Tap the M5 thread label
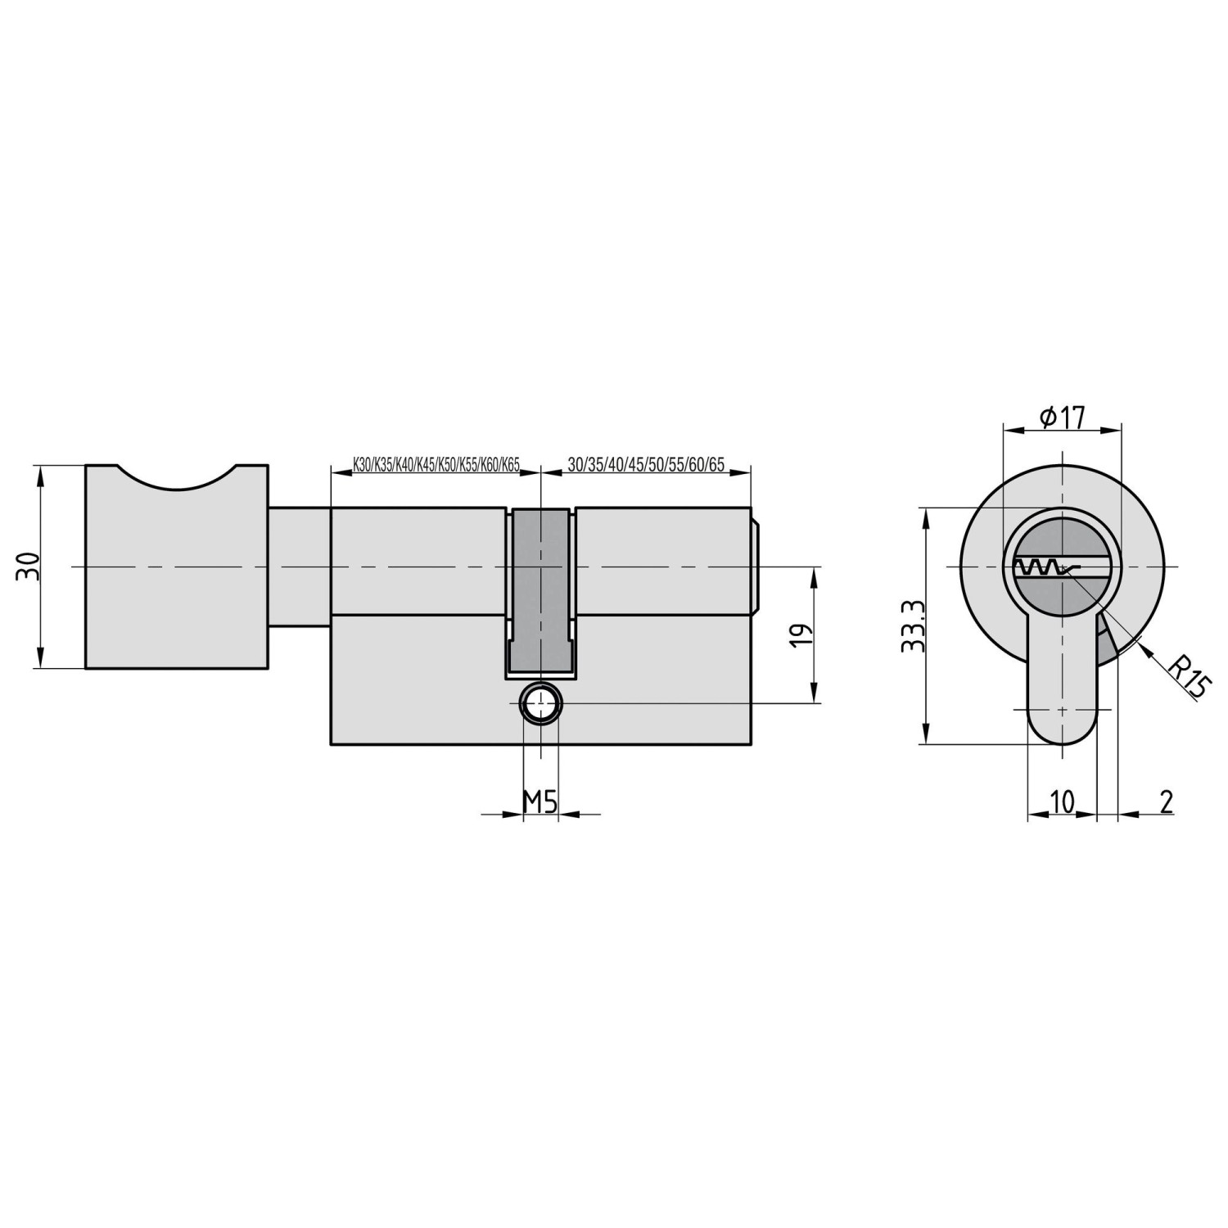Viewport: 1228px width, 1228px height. click(x=540, y=802)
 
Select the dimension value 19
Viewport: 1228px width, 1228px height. click(x=802, y=635)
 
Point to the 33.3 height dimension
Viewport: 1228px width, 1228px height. click(x=912, y=626)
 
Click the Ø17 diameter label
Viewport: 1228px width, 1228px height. click(x=1062, y=418)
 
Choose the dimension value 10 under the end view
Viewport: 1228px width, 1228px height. click(x=1062, y=802)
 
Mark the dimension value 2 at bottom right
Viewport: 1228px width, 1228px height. click(x=1167, y=802)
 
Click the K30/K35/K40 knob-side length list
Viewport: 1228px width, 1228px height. click(x=436, y=465)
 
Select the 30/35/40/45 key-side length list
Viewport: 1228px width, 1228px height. click(x=646, y=465)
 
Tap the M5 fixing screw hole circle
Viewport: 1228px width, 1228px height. click(x=541, y=703)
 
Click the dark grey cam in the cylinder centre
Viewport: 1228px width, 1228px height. click(x=540, y=589)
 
